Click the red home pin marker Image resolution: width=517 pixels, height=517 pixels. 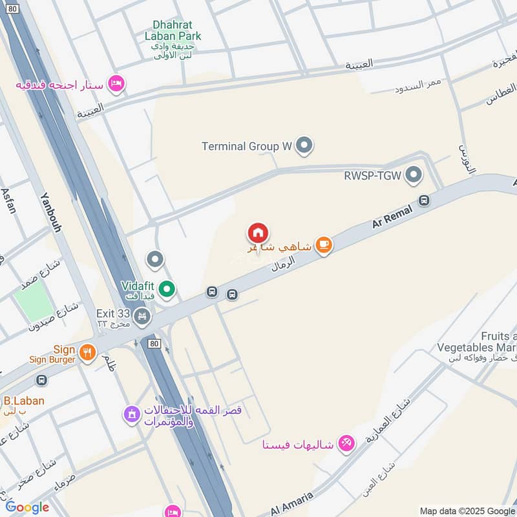click(258, 233)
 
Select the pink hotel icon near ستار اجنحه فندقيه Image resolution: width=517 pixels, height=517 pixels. click(116, 84)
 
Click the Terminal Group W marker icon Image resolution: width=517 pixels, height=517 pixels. click(304, 146)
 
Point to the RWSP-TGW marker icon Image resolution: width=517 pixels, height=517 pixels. click(414, 174)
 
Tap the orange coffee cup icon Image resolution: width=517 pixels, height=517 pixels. click(324, 246)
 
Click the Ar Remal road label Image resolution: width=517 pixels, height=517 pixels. click(392, 215)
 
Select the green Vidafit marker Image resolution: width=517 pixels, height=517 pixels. click(167, 289)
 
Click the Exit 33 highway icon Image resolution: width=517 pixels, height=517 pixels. click(142, 317)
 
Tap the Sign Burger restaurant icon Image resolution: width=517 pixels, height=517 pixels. click(88, 352)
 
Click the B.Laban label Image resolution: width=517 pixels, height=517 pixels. click(24, 401)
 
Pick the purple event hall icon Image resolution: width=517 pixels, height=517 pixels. click(131, 414)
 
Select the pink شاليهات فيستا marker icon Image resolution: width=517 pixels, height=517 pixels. click(346, 443)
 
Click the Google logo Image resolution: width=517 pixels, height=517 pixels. click(27, 507)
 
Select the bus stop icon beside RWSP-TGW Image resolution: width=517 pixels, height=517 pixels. click(424, 200)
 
